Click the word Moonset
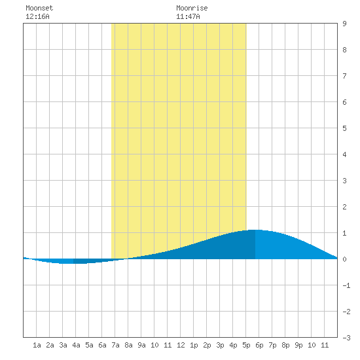pos(39,8)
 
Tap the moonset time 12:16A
pos(37,16)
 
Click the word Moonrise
pos(192,8)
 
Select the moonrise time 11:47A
pos(188,16)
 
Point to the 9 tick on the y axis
pos(344,24)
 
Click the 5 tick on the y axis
pos(344,128)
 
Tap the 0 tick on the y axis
pos(344,259)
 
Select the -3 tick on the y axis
pos(346,338)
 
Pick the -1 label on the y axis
pos(346,285)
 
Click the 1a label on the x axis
pos(37,345)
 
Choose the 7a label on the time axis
pos(115,345)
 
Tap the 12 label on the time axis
pos(181,345)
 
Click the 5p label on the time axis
pos(246,345)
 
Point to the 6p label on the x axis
pos(259,345)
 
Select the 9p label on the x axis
pos(298,345)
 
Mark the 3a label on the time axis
pos(63,345)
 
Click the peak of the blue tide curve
pos(255,230)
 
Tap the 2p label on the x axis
pos(207,345)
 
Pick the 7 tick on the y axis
pos(344,76)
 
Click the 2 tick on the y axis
pos(344,207)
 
